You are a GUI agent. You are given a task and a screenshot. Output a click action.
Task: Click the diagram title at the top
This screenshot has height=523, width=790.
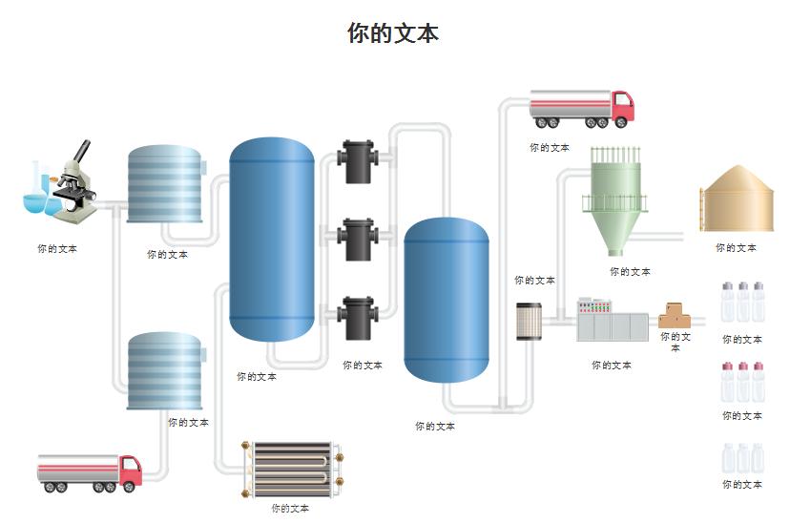pyautogui.click(x=393, y=33)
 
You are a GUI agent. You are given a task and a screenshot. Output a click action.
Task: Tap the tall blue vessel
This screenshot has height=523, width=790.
pyautogui.click(x=272, y=239)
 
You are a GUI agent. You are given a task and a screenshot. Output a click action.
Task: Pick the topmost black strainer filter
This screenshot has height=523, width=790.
pyautogui.click(x=357, y=161)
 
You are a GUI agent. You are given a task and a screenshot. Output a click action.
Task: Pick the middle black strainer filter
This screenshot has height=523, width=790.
pyautogui.click(x=357, y=239)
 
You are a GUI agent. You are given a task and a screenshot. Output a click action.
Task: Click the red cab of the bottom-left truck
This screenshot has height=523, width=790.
pyautogui.click(x=130, y=471)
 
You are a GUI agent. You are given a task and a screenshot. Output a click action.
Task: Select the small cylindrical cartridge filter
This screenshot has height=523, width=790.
pyautogui.click(x=529, y=322)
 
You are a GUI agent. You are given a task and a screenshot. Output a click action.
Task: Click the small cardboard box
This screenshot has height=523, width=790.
pyautogui.click(x=676, y=316)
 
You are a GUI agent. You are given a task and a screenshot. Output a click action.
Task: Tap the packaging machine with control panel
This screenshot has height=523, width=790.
pyautogui.click(x=612, y=321)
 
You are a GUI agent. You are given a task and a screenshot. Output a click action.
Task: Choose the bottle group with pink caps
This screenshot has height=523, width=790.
pyautogui.click(x=742, y=383)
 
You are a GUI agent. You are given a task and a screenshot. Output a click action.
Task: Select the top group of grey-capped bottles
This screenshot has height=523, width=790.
pyautogui.click(x=742, y=303)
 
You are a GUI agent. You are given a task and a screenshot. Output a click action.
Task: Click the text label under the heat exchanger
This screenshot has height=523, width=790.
pyautogui.click(x=290, y=509)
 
